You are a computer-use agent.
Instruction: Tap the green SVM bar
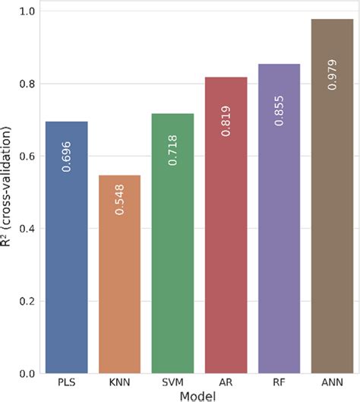tap(173, 243)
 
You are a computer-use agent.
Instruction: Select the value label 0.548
tap(120, 198)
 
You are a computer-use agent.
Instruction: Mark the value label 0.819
tap(226, 120)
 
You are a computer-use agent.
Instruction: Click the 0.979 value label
tap(332, 74)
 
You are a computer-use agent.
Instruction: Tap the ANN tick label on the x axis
tap(332, 383)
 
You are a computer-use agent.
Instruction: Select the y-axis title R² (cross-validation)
tap(8, 193)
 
